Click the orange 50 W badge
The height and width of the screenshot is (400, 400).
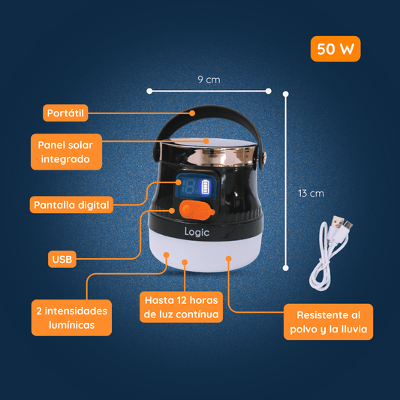[335, 49]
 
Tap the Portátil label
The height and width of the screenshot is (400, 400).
[65, 113]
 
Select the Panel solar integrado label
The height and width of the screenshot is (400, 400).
[66, 152]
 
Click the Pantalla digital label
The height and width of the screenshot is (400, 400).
[71, 205]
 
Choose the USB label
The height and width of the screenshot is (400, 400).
[62, 259]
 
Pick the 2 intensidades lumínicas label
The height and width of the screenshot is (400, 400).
[72, 317]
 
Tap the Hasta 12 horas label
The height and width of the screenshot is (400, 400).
[181, 307]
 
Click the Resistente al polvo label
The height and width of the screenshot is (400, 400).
[328, 322]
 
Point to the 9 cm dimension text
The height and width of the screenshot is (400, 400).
[209, 80]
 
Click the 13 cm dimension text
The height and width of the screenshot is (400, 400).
[311, 194]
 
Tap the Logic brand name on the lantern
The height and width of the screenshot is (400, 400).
[197, 232]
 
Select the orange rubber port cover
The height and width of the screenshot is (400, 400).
[197, 209]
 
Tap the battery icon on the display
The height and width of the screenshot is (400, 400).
[206, 187]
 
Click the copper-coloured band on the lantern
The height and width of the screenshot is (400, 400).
[208, 155]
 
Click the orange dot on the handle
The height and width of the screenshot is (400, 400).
[192, 113]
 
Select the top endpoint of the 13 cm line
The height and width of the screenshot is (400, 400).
[286, 94]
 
